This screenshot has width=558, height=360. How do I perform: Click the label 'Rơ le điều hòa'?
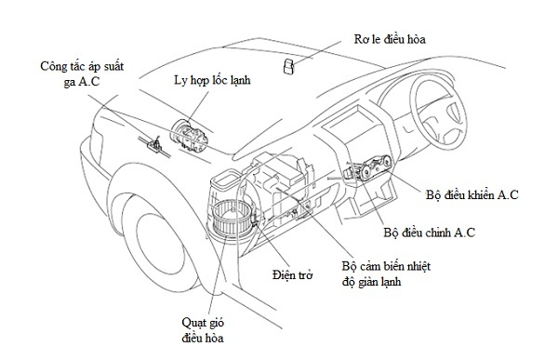point(390,39)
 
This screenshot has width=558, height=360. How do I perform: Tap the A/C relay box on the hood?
point(288,66)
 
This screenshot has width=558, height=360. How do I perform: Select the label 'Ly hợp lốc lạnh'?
point(212,80)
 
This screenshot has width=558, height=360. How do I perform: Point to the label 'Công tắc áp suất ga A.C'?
point(82,73)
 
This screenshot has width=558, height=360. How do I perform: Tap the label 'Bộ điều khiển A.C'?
point(472,194)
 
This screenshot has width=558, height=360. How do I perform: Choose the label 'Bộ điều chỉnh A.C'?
point(429,233)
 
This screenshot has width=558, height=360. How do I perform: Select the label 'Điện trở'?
point(293,275)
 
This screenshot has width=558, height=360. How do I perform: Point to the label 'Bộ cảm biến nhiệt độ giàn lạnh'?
point(386,273)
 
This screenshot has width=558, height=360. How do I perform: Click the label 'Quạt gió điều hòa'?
point(203,330)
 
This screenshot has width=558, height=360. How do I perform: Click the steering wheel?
point(438,114)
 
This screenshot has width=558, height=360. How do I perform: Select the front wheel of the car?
point(156,246)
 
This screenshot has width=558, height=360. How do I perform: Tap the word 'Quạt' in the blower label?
point(194,323)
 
